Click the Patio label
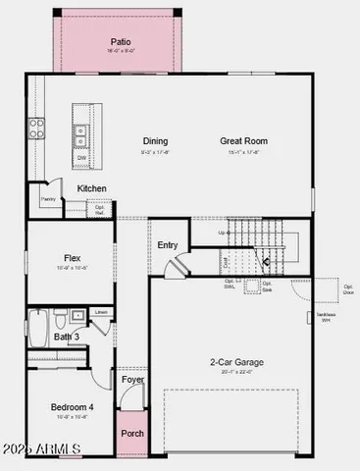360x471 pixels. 121,43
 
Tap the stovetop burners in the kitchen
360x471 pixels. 36,128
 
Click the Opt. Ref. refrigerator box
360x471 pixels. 99,209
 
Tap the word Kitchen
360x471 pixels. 92,188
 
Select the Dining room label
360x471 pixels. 155,140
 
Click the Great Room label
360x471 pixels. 243,140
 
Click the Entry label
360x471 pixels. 168,245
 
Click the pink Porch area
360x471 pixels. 131,433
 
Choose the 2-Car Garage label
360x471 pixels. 236,362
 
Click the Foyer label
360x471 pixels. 131,379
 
